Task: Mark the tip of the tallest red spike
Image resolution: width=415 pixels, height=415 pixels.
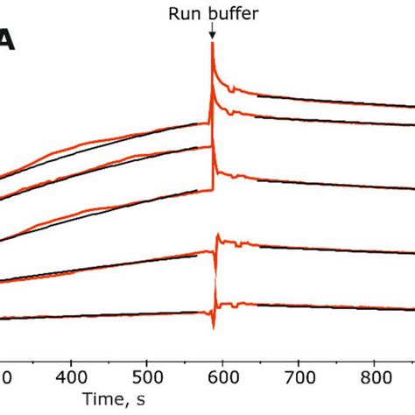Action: click(x=212, y=43)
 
